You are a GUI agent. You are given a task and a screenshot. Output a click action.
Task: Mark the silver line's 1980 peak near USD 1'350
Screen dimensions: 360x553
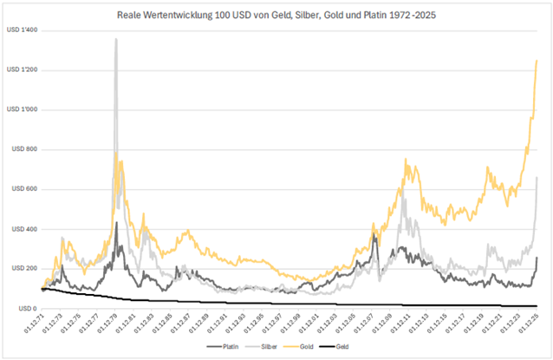(x=116, y=40)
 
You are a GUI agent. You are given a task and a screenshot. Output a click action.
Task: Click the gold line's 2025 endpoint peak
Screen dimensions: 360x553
(x=537, y=60)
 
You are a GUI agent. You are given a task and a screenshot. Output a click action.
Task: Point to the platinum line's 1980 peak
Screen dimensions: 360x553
(x=116, y=223)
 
